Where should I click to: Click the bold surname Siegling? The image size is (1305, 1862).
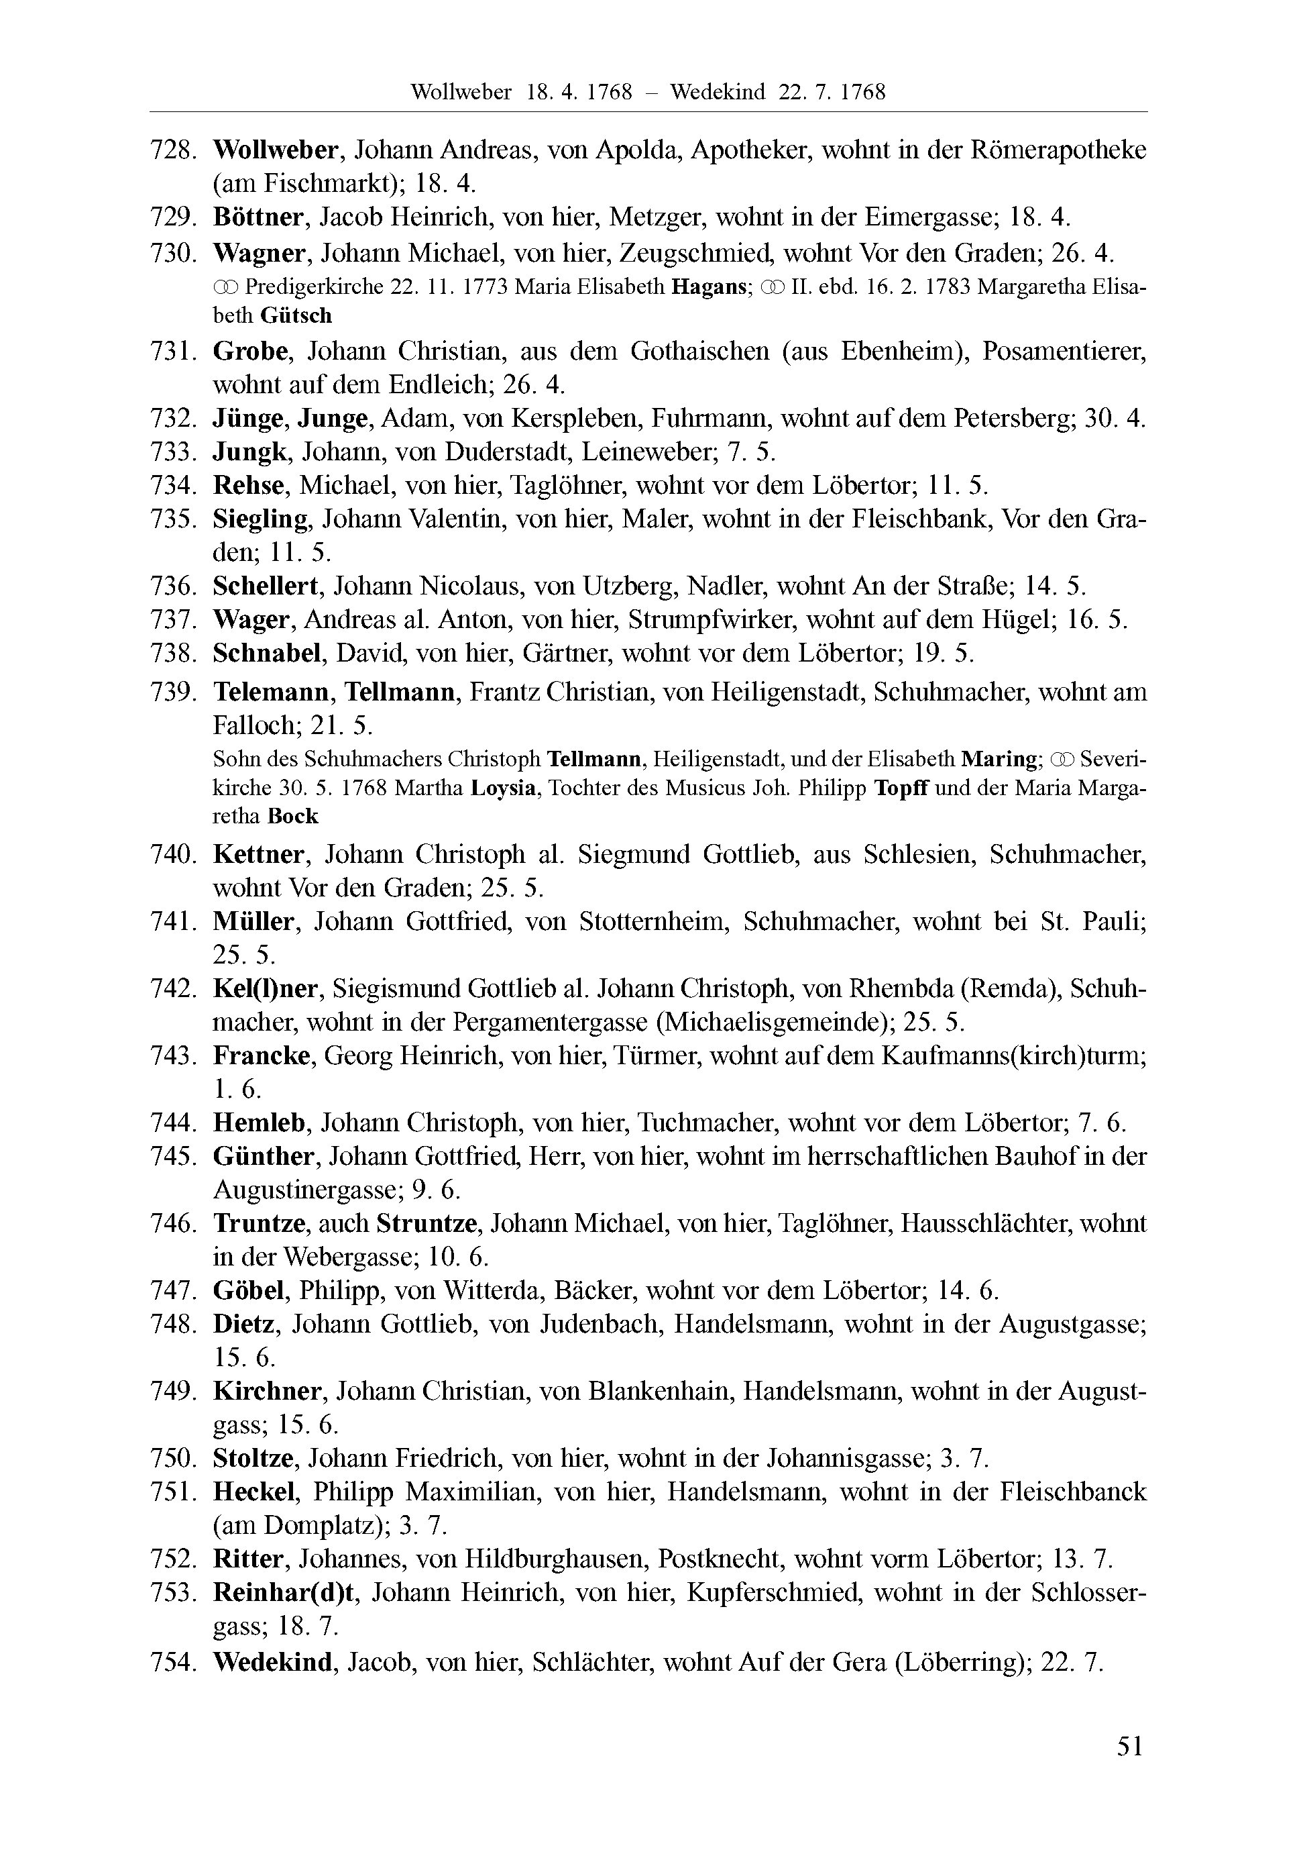pos(260,519)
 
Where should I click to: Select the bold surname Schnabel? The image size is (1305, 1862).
pos(268,653)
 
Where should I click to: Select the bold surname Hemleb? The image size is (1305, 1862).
pos(260,1123)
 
